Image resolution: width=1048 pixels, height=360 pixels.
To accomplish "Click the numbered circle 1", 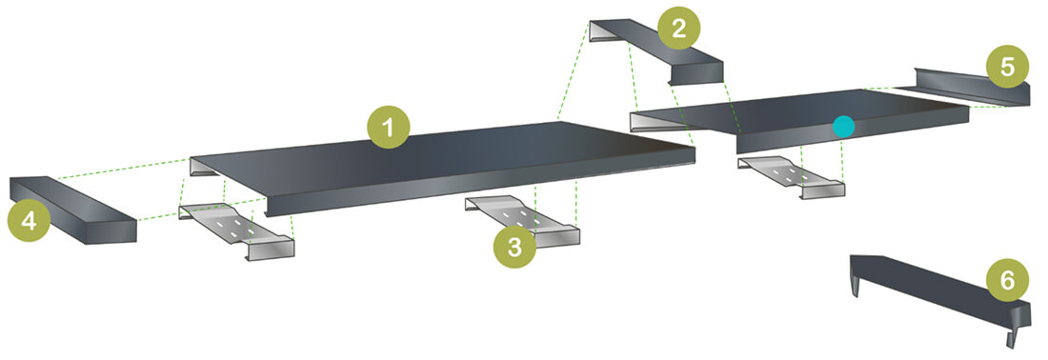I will [389, 126].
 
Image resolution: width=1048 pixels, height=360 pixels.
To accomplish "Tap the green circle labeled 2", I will [677, 27].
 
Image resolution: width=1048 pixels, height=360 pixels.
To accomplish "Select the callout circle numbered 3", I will [514, 247].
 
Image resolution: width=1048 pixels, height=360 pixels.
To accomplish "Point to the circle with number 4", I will [29, 221].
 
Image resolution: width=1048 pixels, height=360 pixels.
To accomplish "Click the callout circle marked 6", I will [1007, 278].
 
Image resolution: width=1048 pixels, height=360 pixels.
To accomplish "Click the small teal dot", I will [843, 125].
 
